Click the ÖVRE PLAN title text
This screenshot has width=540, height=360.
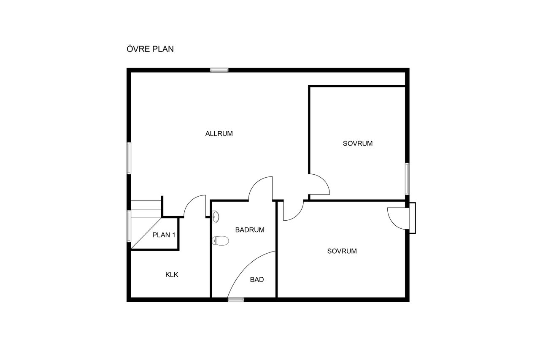[x=150, y=49]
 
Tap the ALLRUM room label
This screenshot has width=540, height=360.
[x=219, y=134]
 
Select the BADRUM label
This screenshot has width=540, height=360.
[x=250, y=230]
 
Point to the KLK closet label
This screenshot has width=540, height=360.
[x=172, y=275]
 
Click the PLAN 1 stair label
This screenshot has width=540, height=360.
[x=164, y=235]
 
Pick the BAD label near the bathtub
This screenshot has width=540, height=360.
[x=257, y=279]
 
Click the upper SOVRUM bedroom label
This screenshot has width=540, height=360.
[x=357, y=143]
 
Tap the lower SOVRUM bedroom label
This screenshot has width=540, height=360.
[x=342, y=251]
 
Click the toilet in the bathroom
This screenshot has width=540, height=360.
[x=220, y=241]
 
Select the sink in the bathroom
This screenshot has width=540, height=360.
[x=216, y=217]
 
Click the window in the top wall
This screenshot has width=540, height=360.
[x=219, y=70]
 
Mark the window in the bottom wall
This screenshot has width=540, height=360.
[x=236, y=300]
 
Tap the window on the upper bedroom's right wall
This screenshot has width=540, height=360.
[x=407, y=179]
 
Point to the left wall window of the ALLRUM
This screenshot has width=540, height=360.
[x=129, y=158]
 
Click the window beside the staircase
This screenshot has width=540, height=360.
[x=129, y=226]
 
